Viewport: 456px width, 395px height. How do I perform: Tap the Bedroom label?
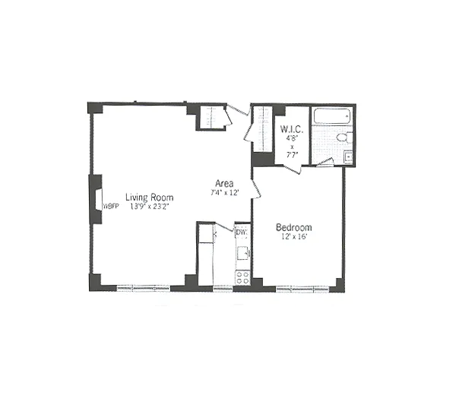(x=293, y=227)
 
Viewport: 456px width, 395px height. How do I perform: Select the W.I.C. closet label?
(x=293, y=129)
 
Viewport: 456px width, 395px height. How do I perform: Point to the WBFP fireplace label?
(x=111, y=205)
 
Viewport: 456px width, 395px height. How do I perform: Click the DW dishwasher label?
(x=240, y=232)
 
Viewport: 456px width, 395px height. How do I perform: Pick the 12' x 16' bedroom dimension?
(x=293, y=237)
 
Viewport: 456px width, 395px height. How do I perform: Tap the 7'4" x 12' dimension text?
(x=224, y=193)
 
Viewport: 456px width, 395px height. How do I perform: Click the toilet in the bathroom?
(x=343, y=138)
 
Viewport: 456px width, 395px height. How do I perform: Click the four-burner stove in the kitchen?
(x=242, y=276)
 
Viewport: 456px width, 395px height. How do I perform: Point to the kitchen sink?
(x=242, y=252)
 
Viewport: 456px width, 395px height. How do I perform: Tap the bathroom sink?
(x=348, y=158)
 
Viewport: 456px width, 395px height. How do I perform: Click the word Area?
(x=224, y=183)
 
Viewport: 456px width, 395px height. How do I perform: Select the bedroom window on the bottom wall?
(x=302, y=288)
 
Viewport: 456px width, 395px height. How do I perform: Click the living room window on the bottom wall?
(x=142, y=288)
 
